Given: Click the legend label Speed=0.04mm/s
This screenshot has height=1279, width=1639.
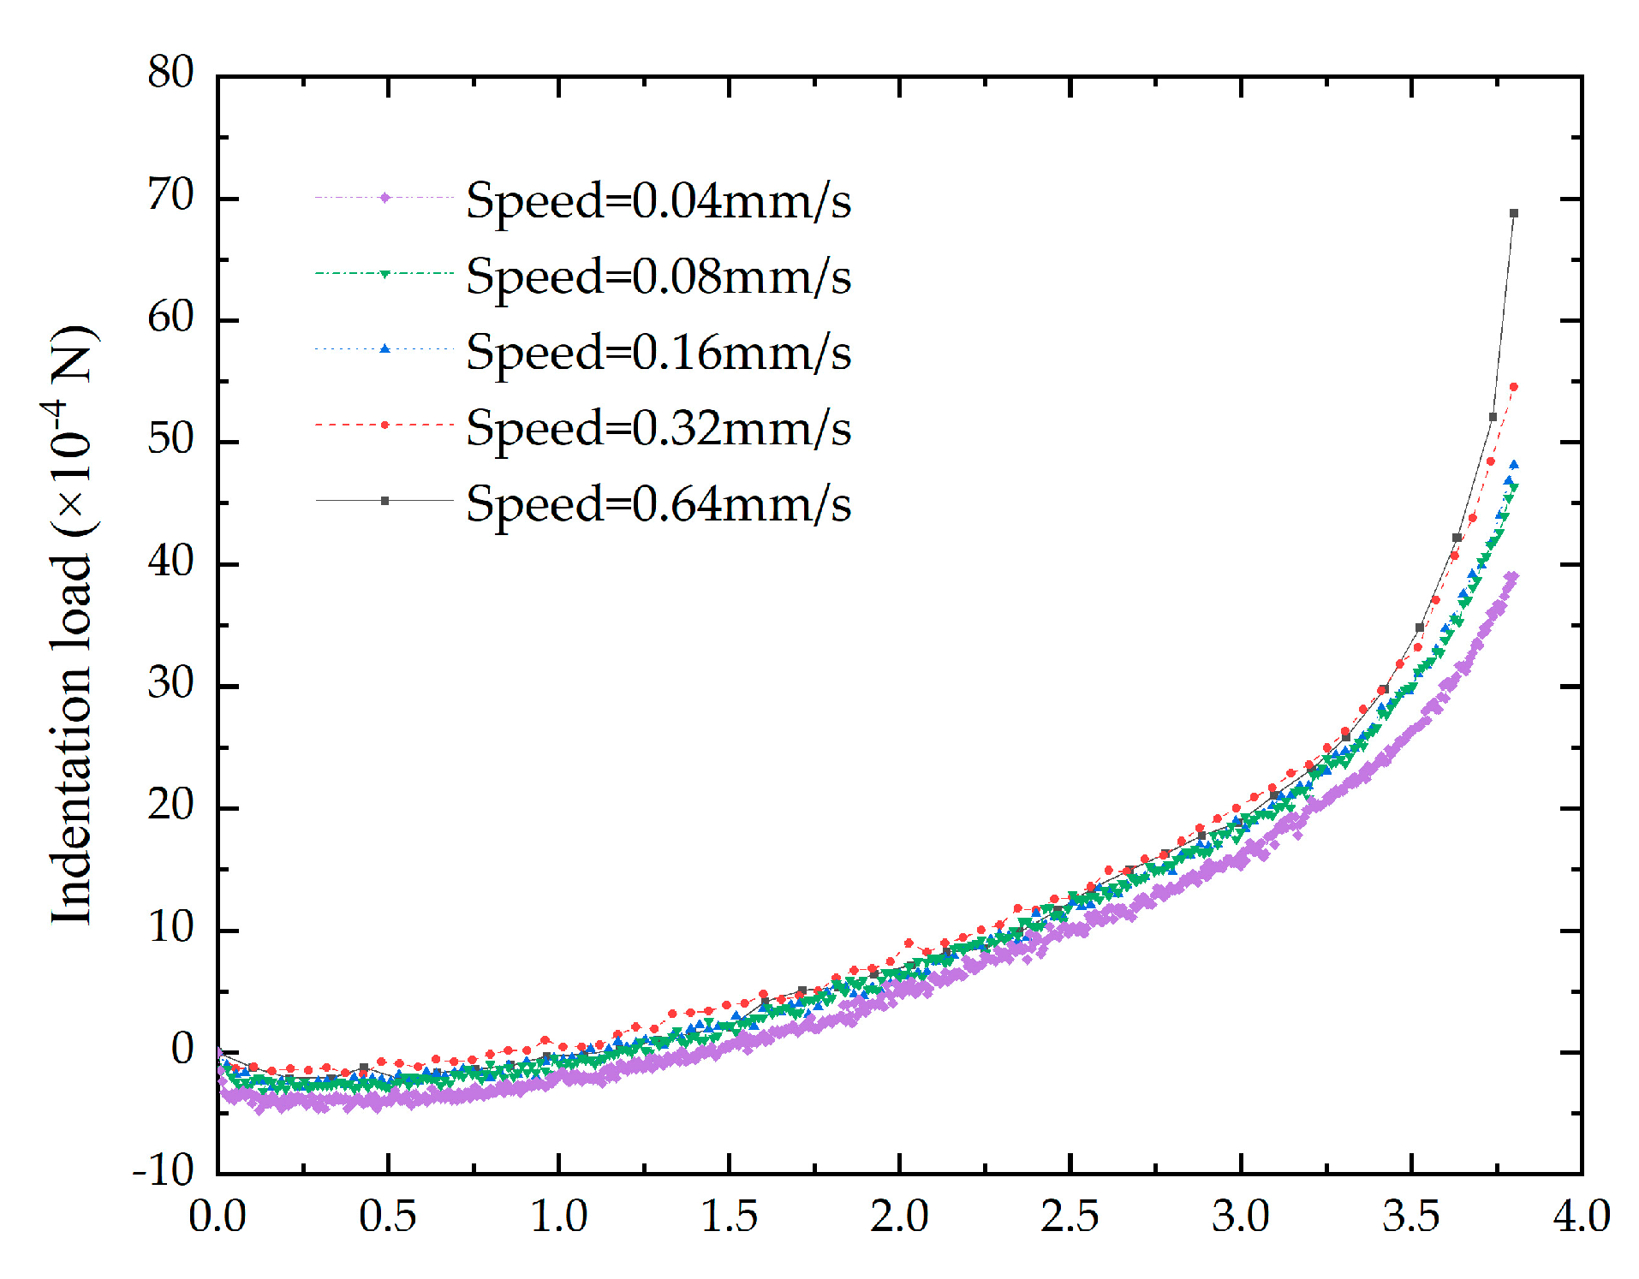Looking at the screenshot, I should [x=658, y=200].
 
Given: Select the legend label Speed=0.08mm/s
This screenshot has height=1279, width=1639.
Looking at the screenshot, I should [x=658, y=276].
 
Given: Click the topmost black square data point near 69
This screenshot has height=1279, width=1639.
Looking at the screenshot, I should [x=1513, y=213].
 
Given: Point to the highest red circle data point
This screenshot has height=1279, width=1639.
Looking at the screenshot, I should [x=1513, y=387].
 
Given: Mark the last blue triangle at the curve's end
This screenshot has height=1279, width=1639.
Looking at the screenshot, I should [x=1513, y=465].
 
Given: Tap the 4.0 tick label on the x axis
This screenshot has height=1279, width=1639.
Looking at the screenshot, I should [x=1581, y=1216].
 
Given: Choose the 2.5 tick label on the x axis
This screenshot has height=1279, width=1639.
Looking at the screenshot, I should [x=1070, y=1216].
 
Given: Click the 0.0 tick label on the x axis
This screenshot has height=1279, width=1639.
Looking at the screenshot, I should [x=218, y=1216].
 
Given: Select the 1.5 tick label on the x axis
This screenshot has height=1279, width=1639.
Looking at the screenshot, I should [x=729, y=1216].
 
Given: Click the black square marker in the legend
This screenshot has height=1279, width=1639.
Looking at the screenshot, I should [x=384, y=500].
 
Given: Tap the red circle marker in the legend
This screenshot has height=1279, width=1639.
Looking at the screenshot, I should [x=384, y=425].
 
